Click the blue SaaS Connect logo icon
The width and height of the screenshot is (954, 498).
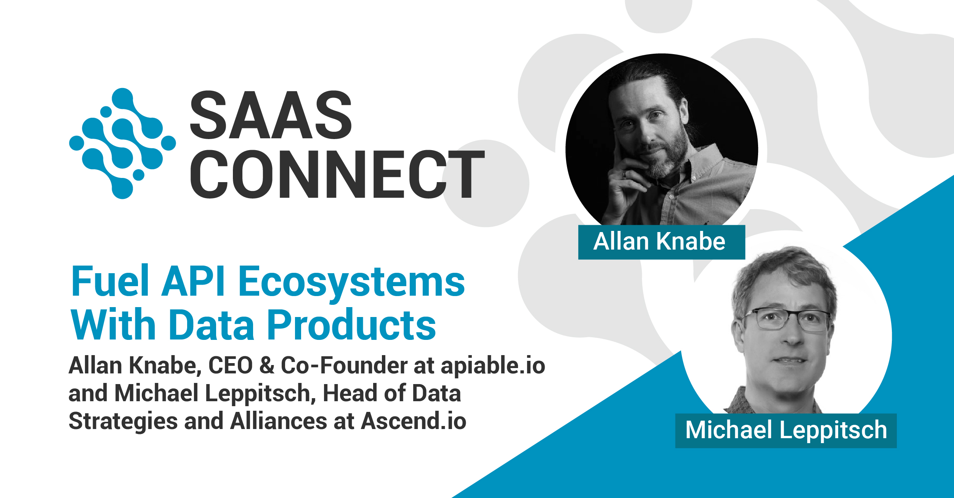click(122, 143)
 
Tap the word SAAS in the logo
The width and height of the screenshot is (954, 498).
click(270, 115)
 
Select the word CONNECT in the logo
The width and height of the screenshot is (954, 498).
click(337, 175)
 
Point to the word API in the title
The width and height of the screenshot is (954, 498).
click(193, 282)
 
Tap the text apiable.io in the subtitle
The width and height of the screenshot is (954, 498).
click(493, 365)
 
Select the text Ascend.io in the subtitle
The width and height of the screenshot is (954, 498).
click(414, 421)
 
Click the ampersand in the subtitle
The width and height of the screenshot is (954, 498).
click(267, 365)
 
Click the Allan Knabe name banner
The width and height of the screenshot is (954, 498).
click(661, 242)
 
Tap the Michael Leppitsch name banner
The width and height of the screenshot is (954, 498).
click(786, 430)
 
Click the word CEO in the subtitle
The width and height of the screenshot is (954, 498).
click(230, 365)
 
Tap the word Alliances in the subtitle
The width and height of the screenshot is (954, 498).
click(278, 421)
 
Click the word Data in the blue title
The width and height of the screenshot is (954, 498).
click(212, 325)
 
